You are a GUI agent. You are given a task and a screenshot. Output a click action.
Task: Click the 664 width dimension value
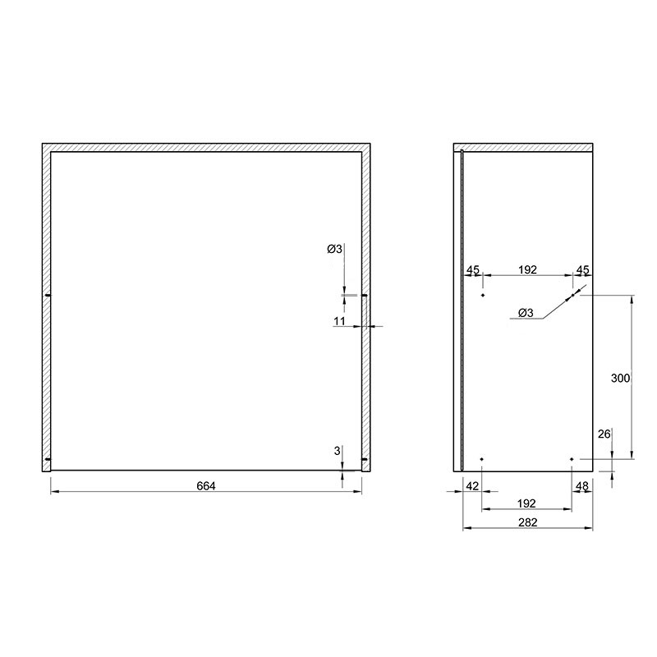206,485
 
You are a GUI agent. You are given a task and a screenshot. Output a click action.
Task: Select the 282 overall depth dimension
527,522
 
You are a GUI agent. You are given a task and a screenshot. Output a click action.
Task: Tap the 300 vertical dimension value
621,378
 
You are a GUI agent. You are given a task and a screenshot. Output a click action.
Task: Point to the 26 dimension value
604,434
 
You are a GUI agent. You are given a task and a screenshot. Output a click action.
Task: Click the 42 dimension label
472,486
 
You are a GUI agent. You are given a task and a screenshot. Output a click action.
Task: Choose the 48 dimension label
582,486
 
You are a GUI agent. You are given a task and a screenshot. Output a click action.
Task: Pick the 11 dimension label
339,321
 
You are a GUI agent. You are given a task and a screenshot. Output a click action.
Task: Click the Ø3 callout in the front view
334,249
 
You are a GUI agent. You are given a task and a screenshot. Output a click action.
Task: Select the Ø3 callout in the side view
526,313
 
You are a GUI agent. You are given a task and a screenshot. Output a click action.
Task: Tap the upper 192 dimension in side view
527,270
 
